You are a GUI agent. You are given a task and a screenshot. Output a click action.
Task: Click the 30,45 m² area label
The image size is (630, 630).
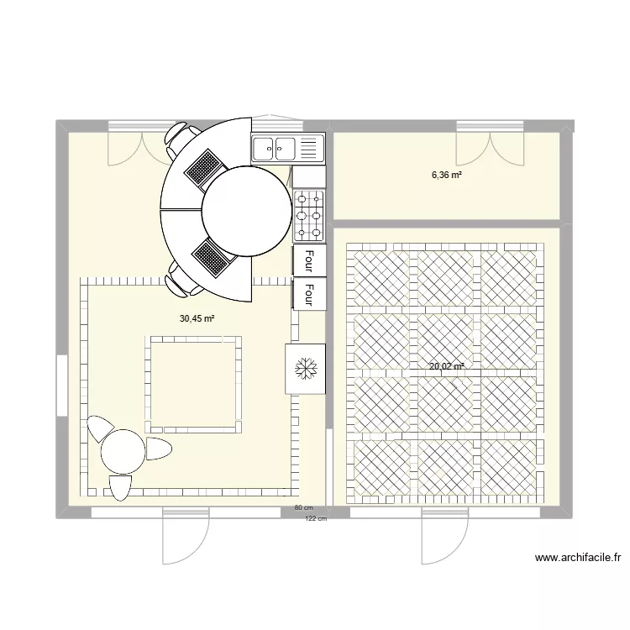pos(197,318)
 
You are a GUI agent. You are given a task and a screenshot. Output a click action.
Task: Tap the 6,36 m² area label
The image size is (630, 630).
pos(448,176)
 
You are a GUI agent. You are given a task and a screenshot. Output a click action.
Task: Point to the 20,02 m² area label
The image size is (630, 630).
pos(447,366)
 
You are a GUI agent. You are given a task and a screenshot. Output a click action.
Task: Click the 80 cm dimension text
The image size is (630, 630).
pos(303,508)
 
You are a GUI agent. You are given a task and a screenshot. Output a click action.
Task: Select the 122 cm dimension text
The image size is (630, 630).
pos(315,518)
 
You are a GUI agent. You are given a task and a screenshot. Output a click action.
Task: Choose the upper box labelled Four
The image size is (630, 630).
pos(309,260)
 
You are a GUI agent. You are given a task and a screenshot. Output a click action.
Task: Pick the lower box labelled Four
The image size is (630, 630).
pos(309,294)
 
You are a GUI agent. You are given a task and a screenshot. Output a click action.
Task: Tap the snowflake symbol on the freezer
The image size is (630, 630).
pos(303,368)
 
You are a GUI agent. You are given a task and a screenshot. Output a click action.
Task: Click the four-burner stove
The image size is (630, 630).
pos(308,214)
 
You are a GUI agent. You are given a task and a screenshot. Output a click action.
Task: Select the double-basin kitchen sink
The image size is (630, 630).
pos(287,149)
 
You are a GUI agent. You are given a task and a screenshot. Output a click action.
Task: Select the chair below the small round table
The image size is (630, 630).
pos(120,486)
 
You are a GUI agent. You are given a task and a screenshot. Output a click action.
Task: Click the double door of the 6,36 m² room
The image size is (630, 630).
pos(490,144)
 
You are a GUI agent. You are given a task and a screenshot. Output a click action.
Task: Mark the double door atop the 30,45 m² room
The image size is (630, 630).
pos(140,144)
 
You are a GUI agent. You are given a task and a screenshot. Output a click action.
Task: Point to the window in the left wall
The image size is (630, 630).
pos(60,385)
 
